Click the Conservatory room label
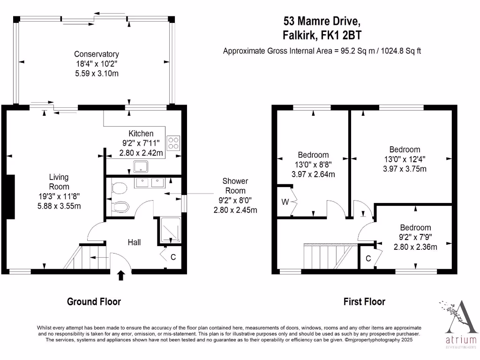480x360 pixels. coord(97,54)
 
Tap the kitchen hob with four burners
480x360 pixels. coord(173,142)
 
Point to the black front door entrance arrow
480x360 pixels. coord(121,275)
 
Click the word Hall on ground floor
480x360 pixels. coord(135,242)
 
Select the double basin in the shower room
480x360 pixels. coord(149,182)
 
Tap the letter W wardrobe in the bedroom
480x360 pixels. coord(285,202)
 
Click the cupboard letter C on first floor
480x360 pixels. coord(368,258)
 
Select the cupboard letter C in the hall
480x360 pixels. coord(173,257)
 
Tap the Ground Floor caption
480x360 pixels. coord(94,301)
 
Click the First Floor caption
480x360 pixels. coord(364,301)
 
